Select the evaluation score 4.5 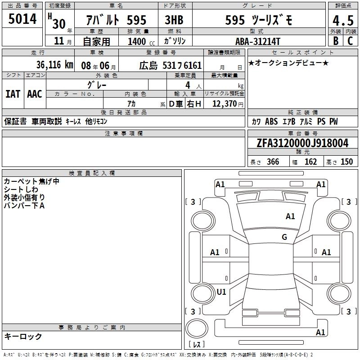[x=342, y=21]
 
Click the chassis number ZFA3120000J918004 [x=303, y=143]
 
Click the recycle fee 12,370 [x=224, y=104]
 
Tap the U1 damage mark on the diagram [x=221, y=292]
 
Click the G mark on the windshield [x=284, y=237]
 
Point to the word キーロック [x=23, y=337]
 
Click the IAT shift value [x=13, y=94]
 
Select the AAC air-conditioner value [x=35, y=94]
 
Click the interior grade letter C [x=350, y=41]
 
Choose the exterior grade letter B [x=335, y=41]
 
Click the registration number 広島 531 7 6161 [x=170, y=66]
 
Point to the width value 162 [x=310, y=162]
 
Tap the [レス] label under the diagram [x=197, y=344]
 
